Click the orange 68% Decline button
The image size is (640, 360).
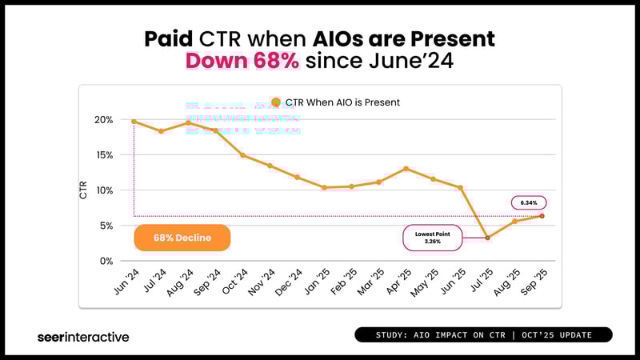(182, 238)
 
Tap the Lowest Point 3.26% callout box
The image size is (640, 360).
(431, 238)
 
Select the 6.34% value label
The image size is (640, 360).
(528, 203)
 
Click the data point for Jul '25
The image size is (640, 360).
(487, 238)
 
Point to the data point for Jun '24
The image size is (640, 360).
(133, 121)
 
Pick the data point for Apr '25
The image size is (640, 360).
(406, 169)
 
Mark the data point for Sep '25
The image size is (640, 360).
(542, 216)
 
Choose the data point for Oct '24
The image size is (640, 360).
(242, 155)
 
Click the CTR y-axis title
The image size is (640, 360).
(84, 190)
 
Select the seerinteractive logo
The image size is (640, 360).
(83, 337)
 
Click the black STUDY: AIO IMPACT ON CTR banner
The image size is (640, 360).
(482, 334)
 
